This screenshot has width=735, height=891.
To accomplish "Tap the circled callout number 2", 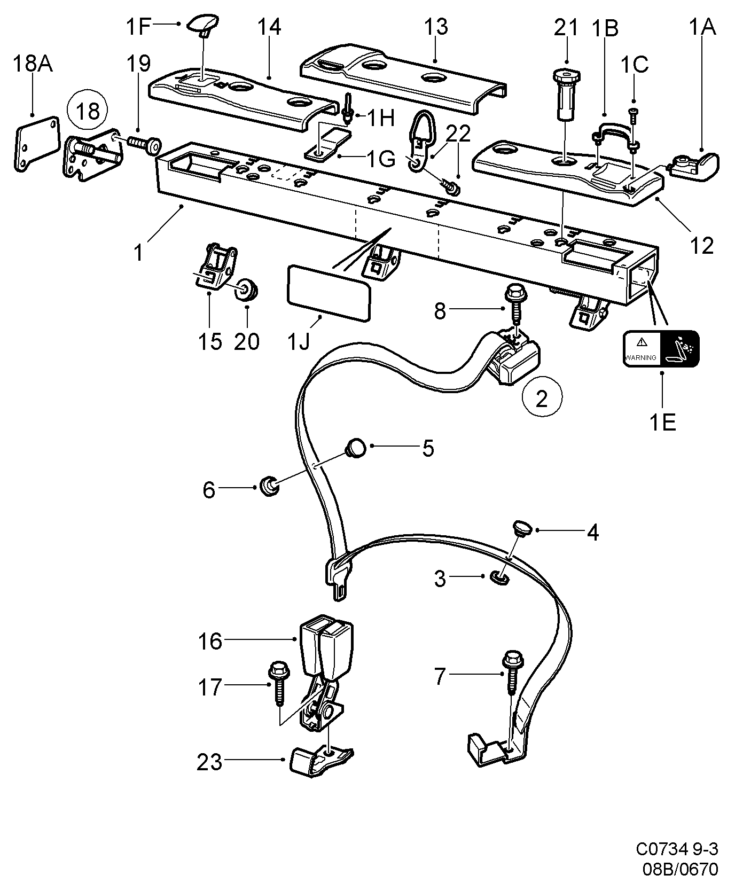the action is click(x=542, y=398).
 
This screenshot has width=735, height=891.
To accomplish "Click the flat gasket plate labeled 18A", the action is click(x=35, y=143).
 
